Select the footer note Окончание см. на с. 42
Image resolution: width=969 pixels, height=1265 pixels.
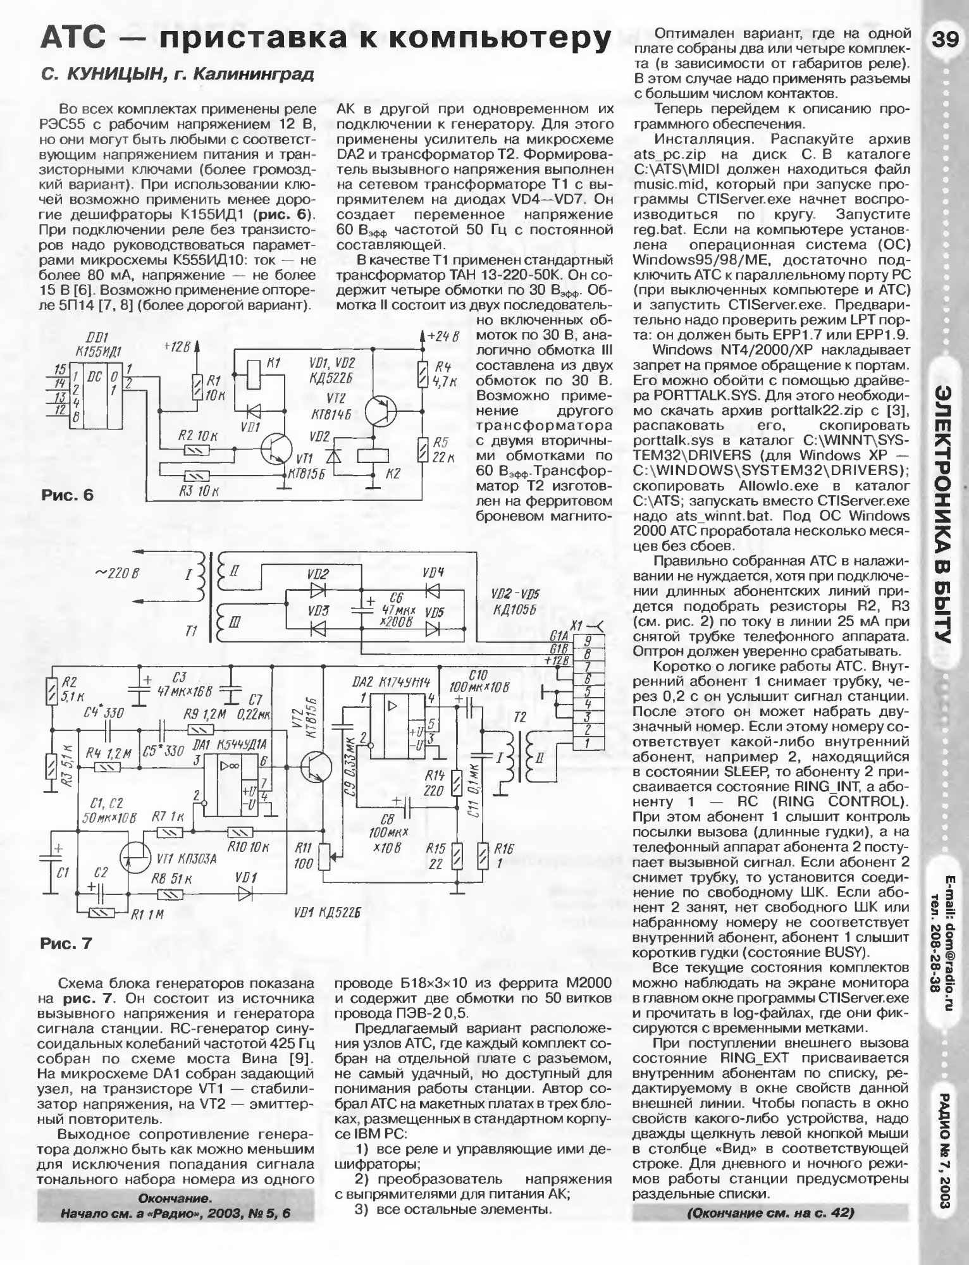point(770,1213)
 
